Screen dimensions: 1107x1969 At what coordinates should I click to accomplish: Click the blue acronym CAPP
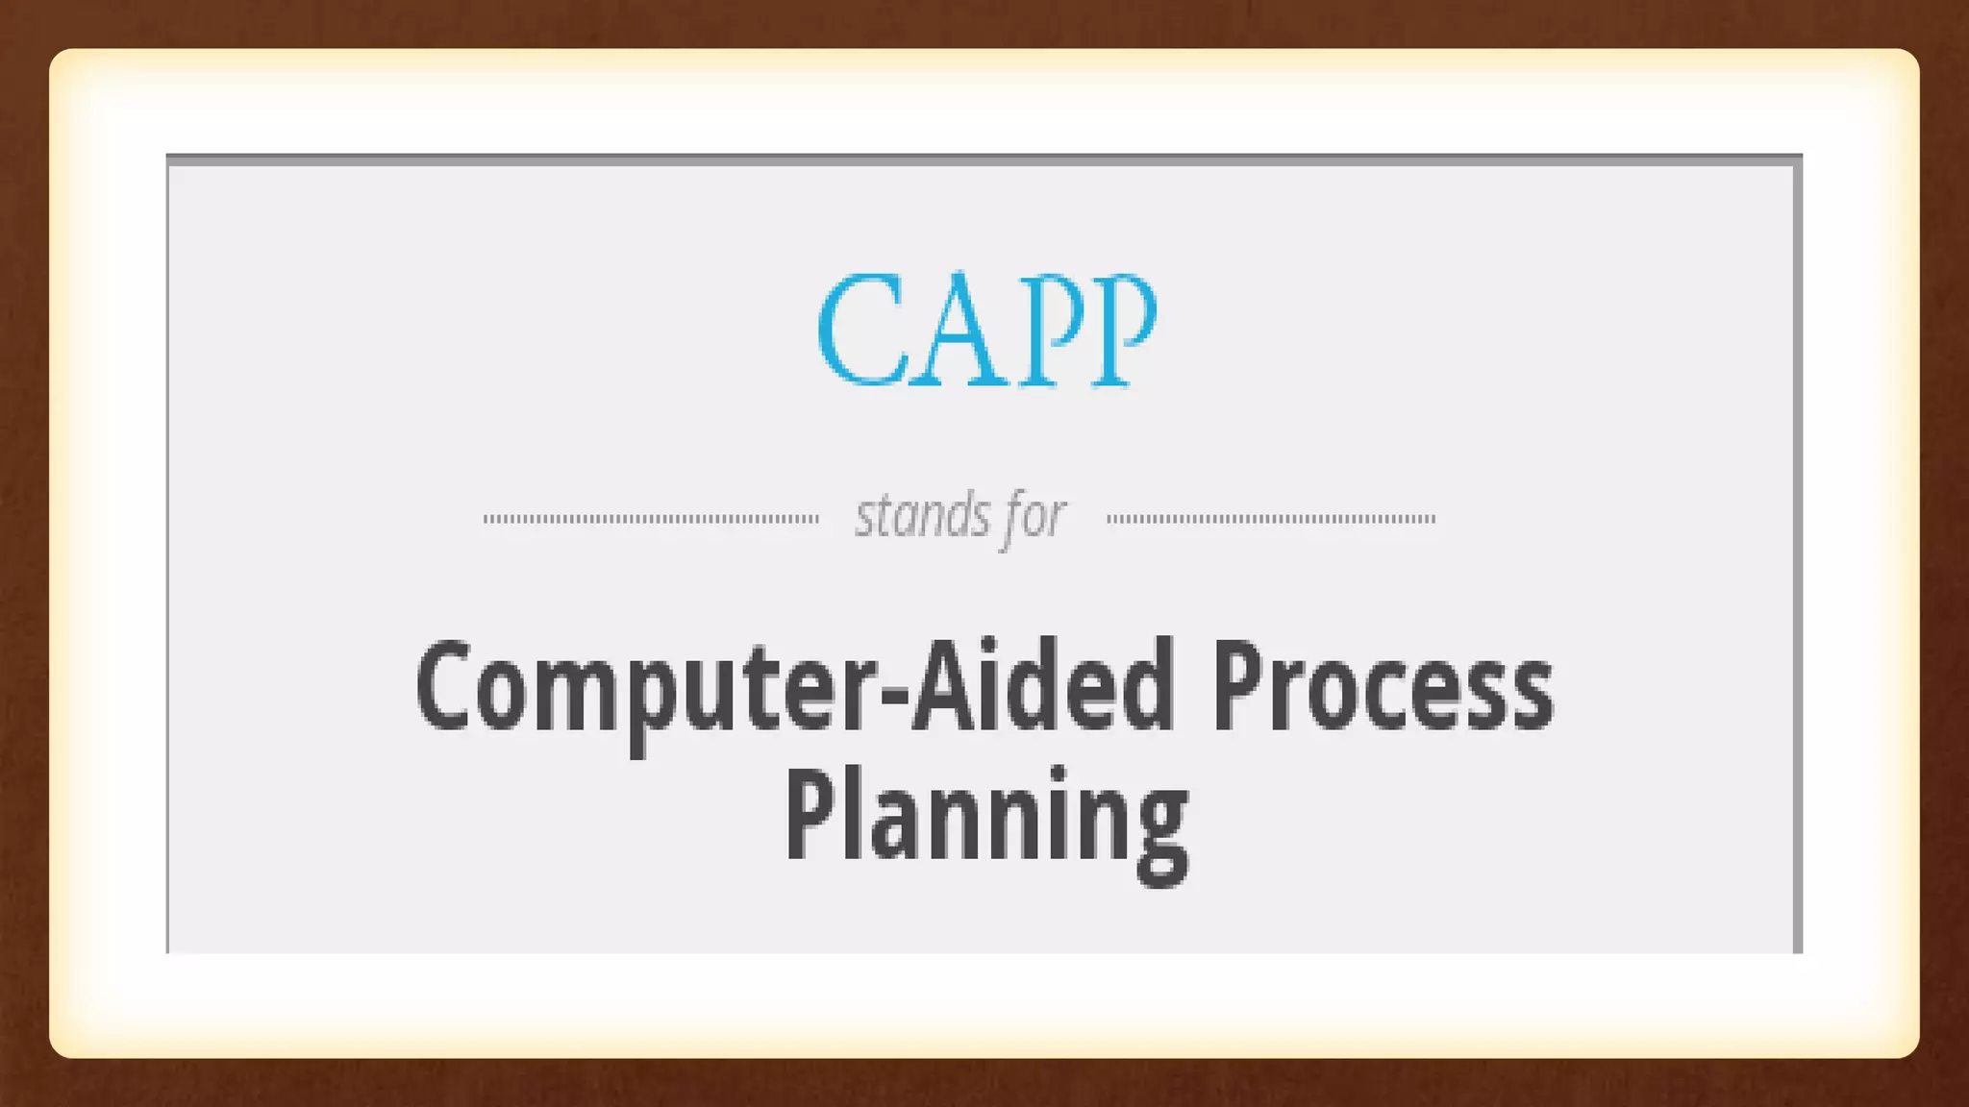tap(986, 330)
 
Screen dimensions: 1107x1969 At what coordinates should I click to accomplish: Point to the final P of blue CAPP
tap(1122, 330)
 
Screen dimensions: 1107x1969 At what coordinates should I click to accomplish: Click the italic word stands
tap(922, 516)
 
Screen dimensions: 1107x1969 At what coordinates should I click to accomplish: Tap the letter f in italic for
tap(1010, 519)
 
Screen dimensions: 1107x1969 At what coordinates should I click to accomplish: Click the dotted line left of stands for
tap(651, 519)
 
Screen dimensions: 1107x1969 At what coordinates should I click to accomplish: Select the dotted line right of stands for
tap(1271, 519)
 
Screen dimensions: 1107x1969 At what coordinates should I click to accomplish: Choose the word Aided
tap(1042, 686)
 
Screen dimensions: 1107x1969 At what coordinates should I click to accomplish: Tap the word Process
tap(1382, 688)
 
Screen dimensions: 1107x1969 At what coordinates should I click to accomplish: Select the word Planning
tap(986, 819)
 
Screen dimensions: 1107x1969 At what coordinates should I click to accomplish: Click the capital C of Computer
tap(443, 686)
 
